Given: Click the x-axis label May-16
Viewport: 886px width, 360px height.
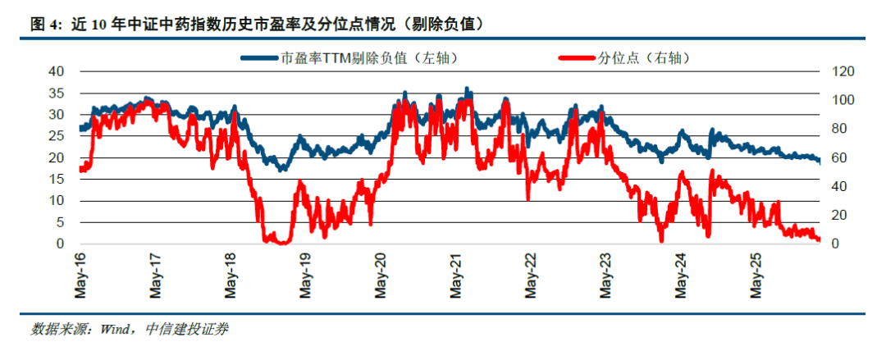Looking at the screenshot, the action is (80, 276).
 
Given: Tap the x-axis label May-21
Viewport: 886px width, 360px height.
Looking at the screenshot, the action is (457, 276).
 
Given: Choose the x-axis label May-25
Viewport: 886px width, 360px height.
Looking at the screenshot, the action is (757, 276).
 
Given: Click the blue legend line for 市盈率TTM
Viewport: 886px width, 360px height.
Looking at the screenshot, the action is (261, 57).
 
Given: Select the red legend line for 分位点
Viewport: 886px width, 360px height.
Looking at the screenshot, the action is (578, 57).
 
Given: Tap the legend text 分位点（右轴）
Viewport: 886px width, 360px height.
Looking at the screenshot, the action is (646, 57).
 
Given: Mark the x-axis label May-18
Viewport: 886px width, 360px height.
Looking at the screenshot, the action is (231, 276).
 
